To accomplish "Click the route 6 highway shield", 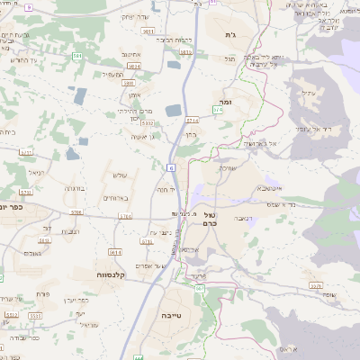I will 169,166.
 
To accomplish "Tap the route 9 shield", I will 29,7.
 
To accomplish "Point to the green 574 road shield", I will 220,109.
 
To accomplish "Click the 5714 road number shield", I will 192,119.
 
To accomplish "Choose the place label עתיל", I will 308,93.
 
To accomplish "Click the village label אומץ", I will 135,94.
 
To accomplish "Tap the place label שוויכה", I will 227,168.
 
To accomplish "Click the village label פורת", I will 41,294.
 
